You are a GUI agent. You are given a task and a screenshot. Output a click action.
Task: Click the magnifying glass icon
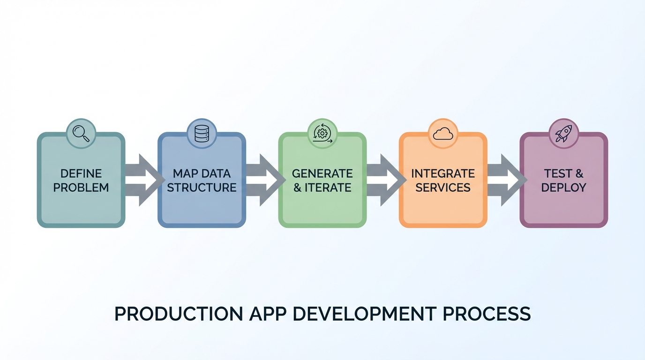tap(81, 133)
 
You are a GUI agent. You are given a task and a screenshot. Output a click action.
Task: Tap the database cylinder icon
tap(202, 133)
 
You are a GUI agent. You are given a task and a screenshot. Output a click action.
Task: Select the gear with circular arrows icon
tap(322, 133)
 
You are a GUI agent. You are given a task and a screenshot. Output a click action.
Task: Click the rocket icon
tap(563, 133)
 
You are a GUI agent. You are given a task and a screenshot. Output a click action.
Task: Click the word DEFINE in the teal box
tap(81, 173)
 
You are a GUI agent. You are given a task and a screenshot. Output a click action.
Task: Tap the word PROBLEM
tap(81, 188)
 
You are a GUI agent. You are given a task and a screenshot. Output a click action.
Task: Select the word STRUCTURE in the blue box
tap(202, 188)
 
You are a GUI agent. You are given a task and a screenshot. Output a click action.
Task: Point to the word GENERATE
tap(322, 173)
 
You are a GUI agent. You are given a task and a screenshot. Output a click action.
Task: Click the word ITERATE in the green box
tap(328, 188)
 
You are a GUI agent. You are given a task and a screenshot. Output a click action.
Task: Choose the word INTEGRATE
tap(443, 173)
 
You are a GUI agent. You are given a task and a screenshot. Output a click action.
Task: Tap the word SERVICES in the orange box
tap(443, 188)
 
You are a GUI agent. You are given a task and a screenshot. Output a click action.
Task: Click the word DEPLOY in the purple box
tap(563, 188)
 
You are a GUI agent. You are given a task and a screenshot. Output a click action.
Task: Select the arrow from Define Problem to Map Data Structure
tap(143, 180)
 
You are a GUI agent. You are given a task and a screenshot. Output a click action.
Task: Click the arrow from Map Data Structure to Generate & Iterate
tap(264, 180)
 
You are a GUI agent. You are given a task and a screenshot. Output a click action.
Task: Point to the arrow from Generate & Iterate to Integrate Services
tap(384, 180)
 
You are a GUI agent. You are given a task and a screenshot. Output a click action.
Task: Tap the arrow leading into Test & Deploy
tap(505, 180)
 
